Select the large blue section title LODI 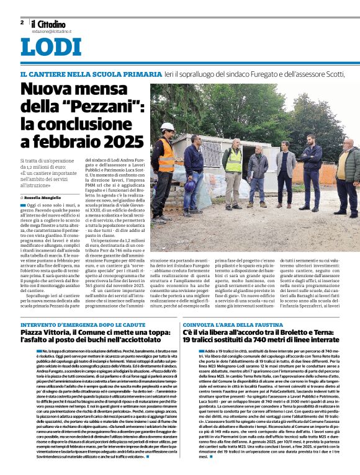[51, 48]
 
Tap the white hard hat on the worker [167, 127]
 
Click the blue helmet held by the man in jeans [190, 185]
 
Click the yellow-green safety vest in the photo [233, 160]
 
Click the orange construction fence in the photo [327, 174]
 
